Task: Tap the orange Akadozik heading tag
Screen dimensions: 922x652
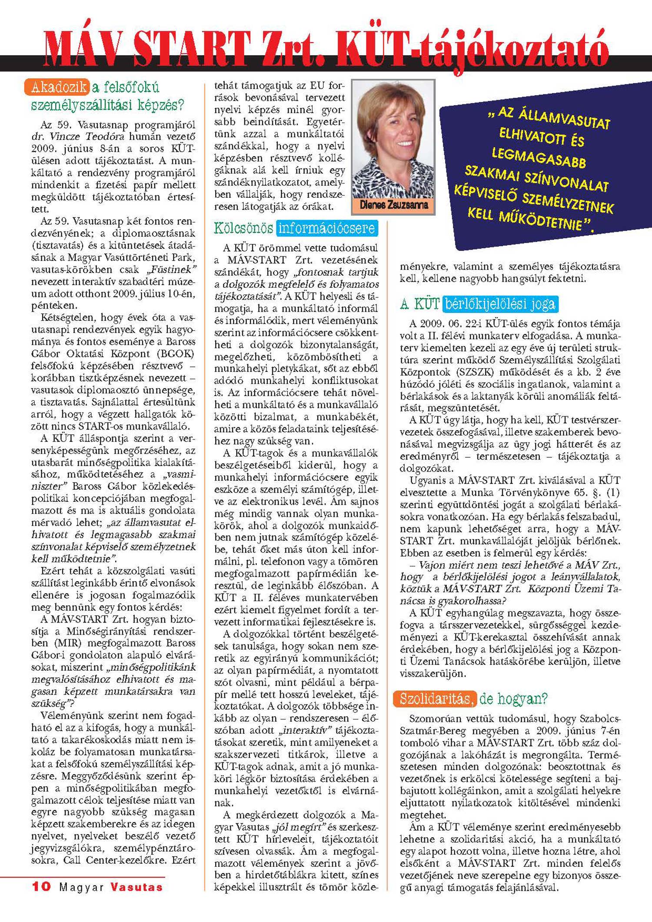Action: click(57, 87)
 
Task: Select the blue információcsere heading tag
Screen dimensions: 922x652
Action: click(326, 228)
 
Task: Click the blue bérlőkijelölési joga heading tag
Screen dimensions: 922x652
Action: click(500, 304)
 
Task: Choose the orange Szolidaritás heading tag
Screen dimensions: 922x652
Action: click(435, 699)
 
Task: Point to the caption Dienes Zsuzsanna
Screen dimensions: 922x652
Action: click(393, 205)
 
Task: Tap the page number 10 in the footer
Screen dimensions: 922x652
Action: click(41, 887)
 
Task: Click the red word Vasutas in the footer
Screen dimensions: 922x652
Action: click(136, 887)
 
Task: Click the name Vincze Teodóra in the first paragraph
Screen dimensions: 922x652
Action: click(83, 136)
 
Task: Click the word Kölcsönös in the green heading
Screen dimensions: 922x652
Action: click(243, 228)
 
